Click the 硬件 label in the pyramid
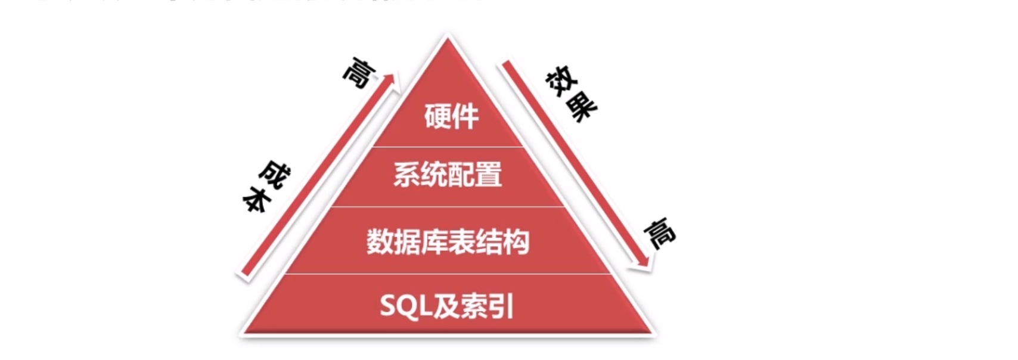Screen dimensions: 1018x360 point(451,116)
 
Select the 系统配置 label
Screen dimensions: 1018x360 point(448,175)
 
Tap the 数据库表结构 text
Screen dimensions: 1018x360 point(448,242)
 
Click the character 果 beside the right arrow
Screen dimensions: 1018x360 point(581,107)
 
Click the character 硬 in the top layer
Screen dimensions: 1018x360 point(437,116)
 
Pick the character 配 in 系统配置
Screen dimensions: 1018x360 point(461,175)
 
